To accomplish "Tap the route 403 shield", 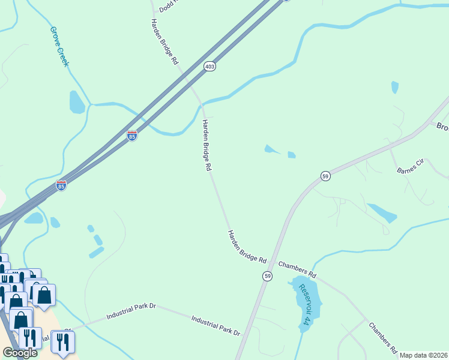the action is [209, 66].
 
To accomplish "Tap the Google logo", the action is [20, 353].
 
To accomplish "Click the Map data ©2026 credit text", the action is [424, 355].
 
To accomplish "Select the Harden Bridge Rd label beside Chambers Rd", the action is [247, 246].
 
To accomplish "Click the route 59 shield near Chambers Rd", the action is [267, 275].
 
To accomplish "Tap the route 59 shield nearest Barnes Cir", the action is [325, 176].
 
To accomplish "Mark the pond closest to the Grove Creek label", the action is [77, 102].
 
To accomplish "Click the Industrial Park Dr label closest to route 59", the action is [215, 325].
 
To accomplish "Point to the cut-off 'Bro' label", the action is [442, 127].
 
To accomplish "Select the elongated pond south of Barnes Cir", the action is [381, 213].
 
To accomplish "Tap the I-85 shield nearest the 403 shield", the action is [132, 136].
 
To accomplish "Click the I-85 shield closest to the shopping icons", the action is [61, 186].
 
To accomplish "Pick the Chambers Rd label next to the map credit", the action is [383, 338].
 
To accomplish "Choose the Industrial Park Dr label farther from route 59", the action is [131, 311].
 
